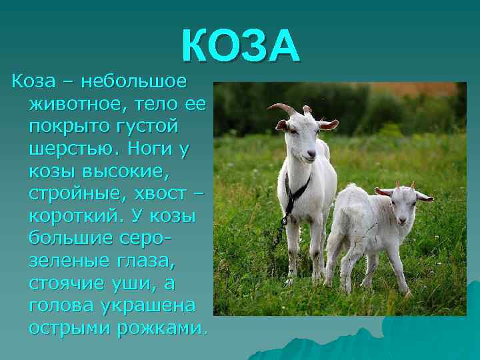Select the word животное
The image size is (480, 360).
[x=74, y=105]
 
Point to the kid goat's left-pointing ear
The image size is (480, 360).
[x=383, y=191]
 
